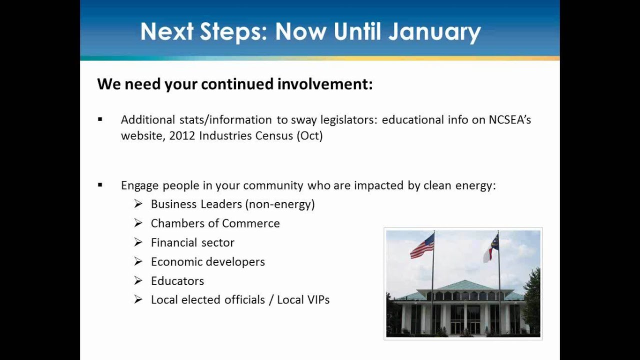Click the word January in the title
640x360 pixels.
coord(434,32)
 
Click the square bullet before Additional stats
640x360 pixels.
coord(100,119)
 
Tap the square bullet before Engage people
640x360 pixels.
coord(100,185)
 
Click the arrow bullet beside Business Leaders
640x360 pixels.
coord(138,204)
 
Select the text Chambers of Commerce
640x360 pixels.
coord(215,223)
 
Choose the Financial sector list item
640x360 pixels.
coord(192,242)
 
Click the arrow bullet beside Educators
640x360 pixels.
coord(138,280)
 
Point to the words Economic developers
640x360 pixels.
coord(207,261)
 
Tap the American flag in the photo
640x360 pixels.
coord(422,246)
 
